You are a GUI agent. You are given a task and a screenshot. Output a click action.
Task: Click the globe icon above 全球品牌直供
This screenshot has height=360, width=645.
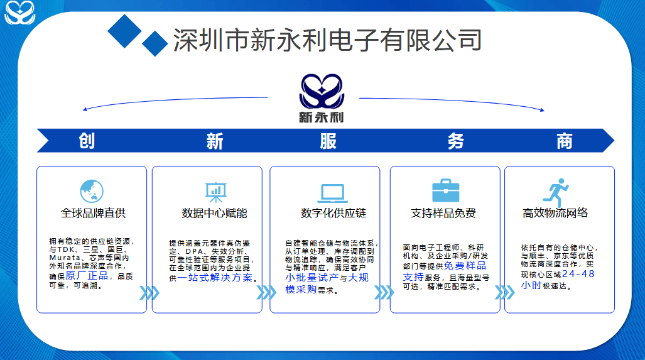tap(92, 192)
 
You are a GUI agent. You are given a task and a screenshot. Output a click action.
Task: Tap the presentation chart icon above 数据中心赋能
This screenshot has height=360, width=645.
tap(215, 192)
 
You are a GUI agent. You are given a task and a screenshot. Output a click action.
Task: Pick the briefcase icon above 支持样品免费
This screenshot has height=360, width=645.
tap(445, 190)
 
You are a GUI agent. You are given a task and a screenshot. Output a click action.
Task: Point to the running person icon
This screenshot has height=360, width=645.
tap(556, 192)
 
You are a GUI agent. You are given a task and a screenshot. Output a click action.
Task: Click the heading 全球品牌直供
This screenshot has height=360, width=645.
tap(94, 213)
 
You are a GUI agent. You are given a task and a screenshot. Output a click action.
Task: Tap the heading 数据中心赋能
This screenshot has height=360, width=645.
tap(214, 213)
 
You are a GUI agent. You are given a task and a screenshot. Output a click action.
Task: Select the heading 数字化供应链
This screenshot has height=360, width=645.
tap(333, 213)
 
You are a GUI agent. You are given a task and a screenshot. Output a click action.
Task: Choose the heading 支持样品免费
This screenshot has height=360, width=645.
tap(443, 213)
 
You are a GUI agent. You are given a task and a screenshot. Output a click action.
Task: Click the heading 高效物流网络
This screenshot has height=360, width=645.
tap(555, 213)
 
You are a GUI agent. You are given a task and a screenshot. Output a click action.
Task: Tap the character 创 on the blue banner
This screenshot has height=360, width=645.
tap(87, 141)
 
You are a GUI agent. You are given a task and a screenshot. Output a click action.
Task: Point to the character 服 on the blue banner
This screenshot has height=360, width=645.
tap(328, 141)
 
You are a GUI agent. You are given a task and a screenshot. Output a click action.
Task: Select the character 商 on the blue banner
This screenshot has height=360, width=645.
tap(564, 141)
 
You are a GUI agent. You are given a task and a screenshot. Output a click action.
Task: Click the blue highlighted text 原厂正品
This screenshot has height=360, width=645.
tap(87, 276)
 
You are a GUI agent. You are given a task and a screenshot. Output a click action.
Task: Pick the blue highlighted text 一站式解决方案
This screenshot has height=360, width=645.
tap(215, 278)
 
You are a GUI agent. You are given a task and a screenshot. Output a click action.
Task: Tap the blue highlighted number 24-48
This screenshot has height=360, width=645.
tap(578, 274)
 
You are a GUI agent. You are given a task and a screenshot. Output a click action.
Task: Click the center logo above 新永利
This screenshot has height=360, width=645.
tap(322, 91)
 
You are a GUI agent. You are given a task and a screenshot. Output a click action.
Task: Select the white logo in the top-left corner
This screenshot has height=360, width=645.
tap(19, 12)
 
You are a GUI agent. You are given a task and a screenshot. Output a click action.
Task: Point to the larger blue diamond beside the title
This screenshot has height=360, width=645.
tap(124, 31)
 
